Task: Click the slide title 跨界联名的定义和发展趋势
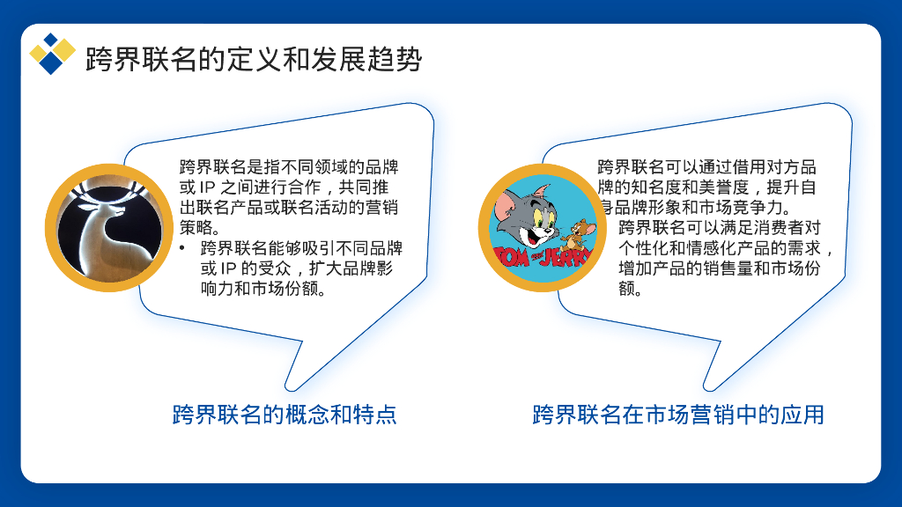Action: (x=254, y=60)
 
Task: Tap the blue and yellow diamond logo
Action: (x=51, y=54)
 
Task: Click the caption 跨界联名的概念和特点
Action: (x=285, y=414)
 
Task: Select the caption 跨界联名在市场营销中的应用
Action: (x=678, y=414)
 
